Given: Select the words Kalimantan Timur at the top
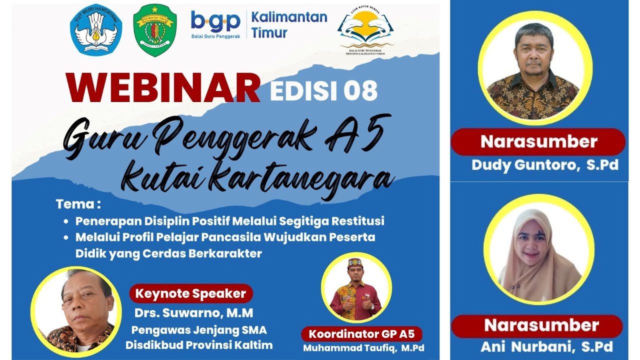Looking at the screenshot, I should (289, 25).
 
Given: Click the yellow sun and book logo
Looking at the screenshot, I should (365, 30).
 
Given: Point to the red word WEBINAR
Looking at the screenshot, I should (163, 88).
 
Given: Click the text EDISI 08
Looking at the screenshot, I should (323, 90).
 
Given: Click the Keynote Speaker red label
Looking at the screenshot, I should (191, 293).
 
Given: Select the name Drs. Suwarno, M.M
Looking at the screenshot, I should (193, 313).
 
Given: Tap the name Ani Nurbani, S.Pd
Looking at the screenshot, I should (546, 346).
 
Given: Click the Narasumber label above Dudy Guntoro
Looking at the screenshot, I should (538, 142).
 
